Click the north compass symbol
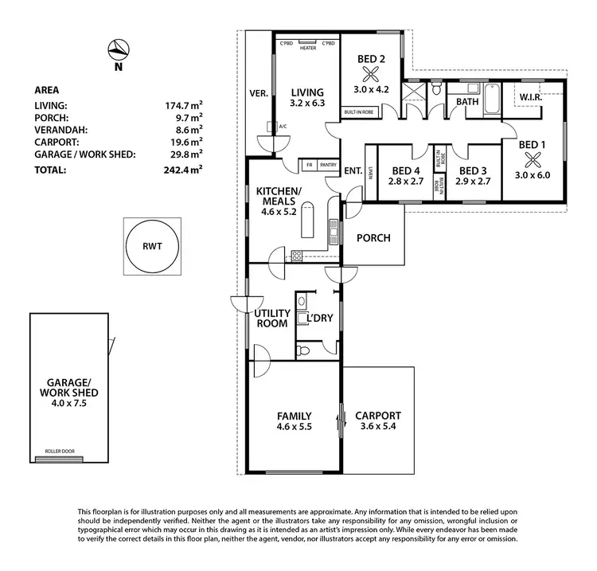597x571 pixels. pyautogui.click(x=117, y=49)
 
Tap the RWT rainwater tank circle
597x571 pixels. pyautogui.click(x=152, y=246)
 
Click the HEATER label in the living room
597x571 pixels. pyautogui.click(x=308, y=48)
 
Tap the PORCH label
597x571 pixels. pyautogui.click(x=373, y=238)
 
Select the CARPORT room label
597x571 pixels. pyautogui.click(x=378, y=416)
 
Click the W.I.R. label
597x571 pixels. pyautogui.click(x=531, y=97)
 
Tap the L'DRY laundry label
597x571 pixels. pyautogui.click(x=320, y=319)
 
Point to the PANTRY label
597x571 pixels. pyautogui.click(x=327, y=166)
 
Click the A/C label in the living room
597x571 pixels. pyautogui.click(x=283, y=126)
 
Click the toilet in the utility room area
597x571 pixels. pyautogui.click(x=302, y=350)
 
